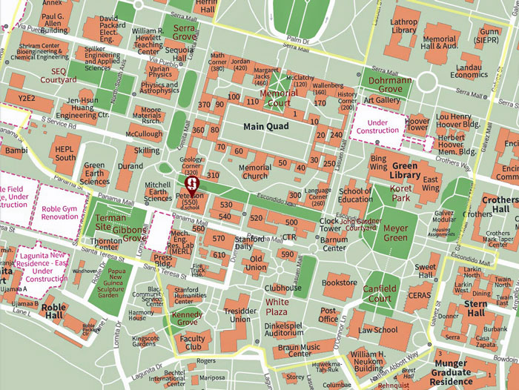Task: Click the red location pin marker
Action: click(191, 180)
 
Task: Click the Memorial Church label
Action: click(256, 172)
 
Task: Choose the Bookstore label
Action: click(340, 282)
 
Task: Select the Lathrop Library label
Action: click(403, 26)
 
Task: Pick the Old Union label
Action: click(256, 263)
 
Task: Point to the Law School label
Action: click(378, 330)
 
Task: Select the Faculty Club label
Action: click(192, 343)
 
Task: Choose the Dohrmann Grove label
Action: click(386, 85)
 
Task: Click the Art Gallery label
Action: click(382, 100)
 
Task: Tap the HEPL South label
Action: click(65, 153)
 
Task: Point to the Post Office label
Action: click(328, 314)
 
